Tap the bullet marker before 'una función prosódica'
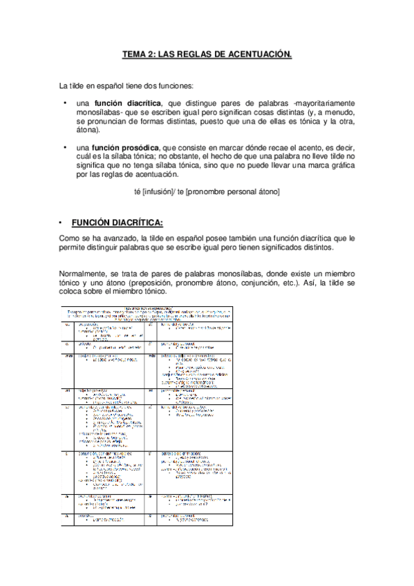pyautogui.click(x=63, y=147)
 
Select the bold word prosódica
pyautogui.click(x=141, y=147)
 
